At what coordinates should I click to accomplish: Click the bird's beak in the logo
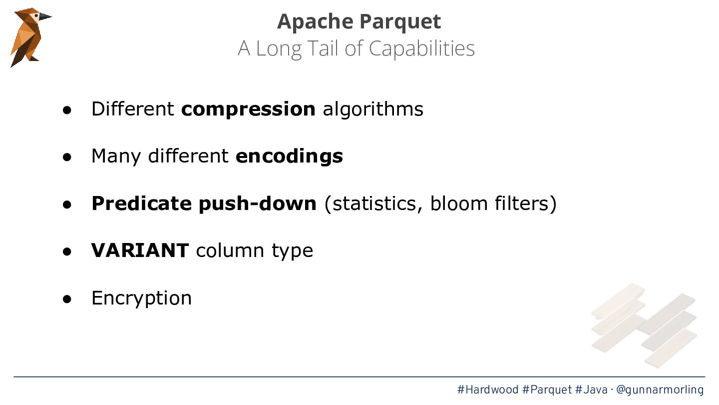[44, 16]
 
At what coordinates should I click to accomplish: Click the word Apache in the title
[315, 21]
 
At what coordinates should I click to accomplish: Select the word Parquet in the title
[400, 22]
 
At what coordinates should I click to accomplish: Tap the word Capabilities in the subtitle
[421, 49]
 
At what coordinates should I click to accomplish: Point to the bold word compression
[249, 109]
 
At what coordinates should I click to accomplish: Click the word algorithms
[373, 109]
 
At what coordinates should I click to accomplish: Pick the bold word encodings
[289, 157]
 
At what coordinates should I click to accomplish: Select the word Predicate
[142, 203]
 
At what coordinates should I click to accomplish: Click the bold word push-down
[258, 204]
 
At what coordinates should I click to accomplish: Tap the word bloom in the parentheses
[459, 203]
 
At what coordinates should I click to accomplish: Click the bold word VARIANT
[140, 250]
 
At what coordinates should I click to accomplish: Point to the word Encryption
[142, 298]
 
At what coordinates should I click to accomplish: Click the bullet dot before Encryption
[67, 299]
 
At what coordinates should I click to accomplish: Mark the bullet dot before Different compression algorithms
[67, 110]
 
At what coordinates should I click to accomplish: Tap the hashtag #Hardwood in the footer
[488, 389]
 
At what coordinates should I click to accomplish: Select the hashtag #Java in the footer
[592, 389]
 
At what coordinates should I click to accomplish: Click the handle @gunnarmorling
[660, 390]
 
